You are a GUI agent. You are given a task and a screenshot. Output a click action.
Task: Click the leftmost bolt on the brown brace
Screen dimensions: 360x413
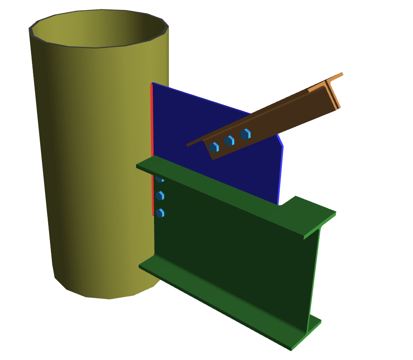coord(214,147)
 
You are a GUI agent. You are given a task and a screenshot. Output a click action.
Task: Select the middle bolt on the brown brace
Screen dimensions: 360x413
coord(229,141)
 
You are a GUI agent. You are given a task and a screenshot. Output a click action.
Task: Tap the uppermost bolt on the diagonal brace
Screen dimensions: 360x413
coord(245,134)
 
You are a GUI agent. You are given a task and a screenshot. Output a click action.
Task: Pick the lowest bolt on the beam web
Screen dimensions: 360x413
coord(159,212)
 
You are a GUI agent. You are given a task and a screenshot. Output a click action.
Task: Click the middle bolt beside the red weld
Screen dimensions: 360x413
coord(159,196)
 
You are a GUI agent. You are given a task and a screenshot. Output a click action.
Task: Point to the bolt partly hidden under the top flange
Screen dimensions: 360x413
coord(159,179)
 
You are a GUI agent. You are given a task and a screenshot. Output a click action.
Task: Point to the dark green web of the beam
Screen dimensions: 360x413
coord(234,252)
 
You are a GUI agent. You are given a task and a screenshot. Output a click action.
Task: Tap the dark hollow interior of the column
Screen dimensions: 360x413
coord(99,29)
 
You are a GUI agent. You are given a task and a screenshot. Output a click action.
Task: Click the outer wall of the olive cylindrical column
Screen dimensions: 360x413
coord(90,158)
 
